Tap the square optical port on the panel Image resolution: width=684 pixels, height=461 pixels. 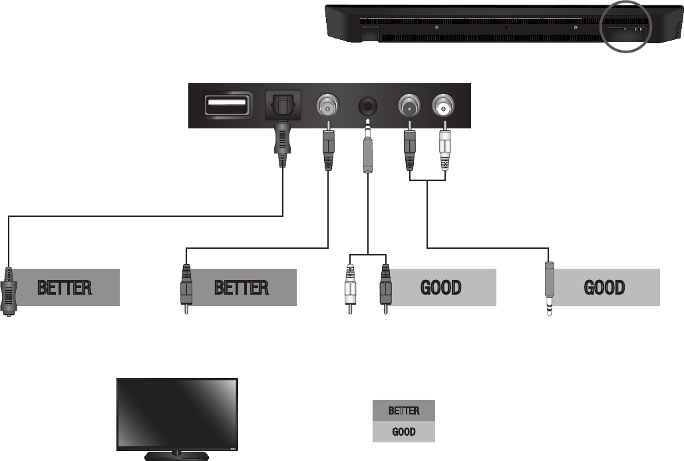click(x=283, y=104)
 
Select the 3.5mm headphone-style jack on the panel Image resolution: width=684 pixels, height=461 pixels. click(x=368, y=106)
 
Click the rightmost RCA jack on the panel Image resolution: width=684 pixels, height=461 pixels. click(x=443, y=105)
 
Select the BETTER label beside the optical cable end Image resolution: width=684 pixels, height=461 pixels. click(x=65, y=287)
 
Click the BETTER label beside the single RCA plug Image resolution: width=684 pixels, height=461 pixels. click(x=241, y=287)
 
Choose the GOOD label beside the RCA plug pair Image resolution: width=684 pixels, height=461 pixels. click(x=442, y=287)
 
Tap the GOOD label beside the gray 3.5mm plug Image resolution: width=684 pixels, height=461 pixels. click(x=605, y=287)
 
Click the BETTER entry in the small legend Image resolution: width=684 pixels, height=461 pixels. click(x=403, y=410)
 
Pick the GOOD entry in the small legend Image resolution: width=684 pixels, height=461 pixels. click(x=403, y=432)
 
